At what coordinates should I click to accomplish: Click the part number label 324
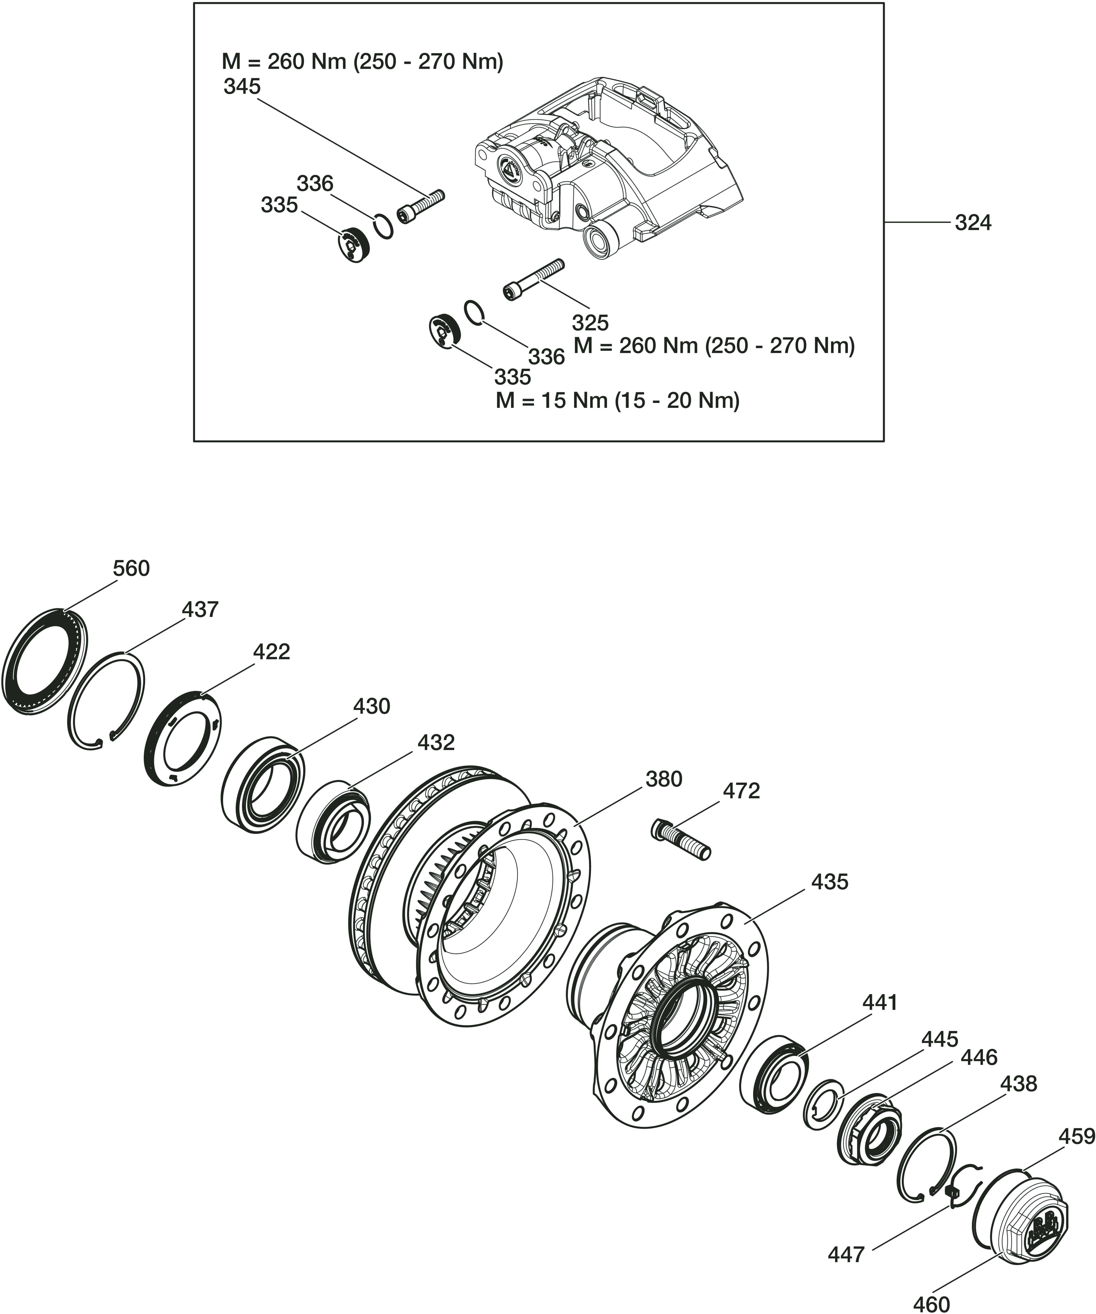973,223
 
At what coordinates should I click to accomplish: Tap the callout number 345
242,86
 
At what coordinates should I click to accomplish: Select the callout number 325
590,323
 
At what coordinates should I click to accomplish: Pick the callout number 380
664,779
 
